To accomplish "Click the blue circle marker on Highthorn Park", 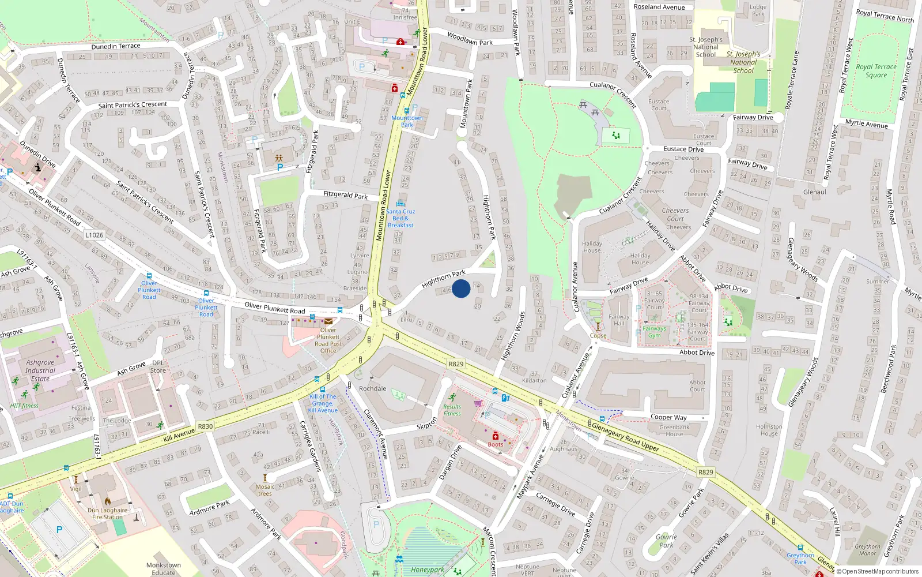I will pyautogui.click(x=461, y=288).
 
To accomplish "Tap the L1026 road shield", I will pyautogui.click(x=95, y=235).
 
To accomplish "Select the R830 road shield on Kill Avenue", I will pyautogui.click(x=205, y=426).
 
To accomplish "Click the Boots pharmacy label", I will pyautogui.click(x=496, y=444).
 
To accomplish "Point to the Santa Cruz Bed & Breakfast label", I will pyautogui.click(x=400, y=218).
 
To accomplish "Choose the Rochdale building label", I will pyautogui.click(x=373, y=388).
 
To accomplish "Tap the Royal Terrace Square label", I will pyautogui.click(x=876, y=71).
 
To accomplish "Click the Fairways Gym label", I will pyautogui.click(x=654, y=332).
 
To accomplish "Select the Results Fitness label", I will pyautogui.click(x=452, y=410).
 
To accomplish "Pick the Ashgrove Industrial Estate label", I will pyautogui.click(x=40, y=370).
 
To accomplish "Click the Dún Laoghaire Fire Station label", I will pyautogui.click(x=108, y=514).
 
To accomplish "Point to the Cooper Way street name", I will pyautogui.click(x=668, y=417).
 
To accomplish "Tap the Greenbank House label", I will pyautogui.click(x=674, y=430).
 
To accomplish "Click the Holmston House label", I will pyautogui.click(x=769, y=430).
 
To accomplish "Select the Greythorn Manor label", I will pyautogui.click(x=867, y=550).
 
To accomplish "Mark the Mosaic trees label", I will pyautogui.click(x=265, y=490).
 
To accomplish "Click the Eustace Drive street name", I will pyautogui.click(x=683, y=149).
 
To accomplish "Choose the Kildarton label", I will pyautogui.click(x=534, y=380).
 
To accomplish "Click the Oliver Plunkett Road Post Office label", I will pyautogui.click(x=328, y=340).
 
